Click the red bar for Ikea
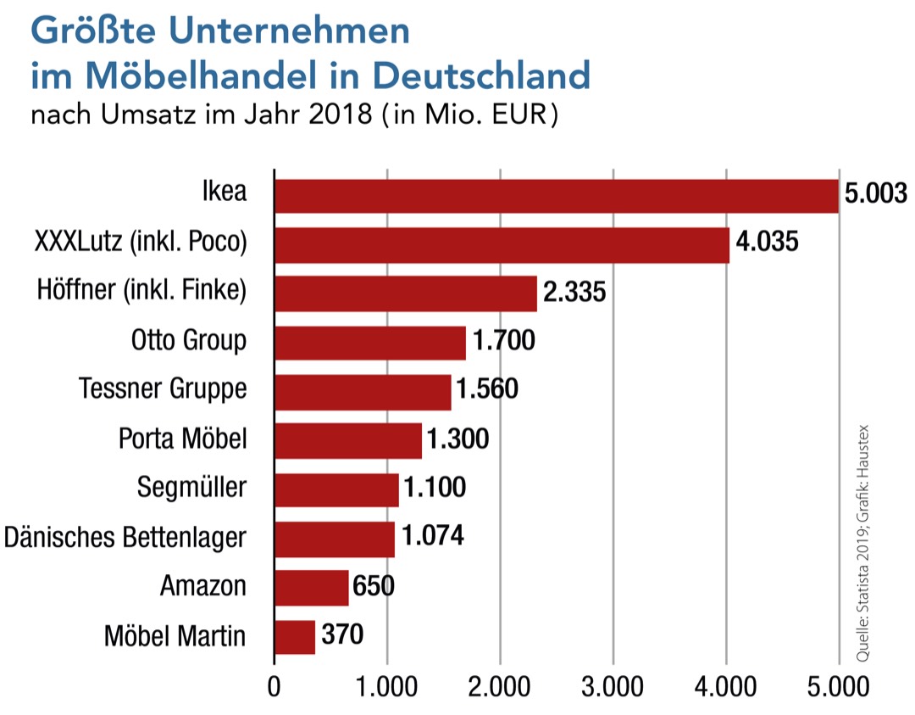point(556,196)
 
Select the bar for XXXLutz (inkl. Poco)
point(502,245)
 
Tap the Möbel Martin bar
point(295,636)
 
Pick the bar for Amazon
point(311,588)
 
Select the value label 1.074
point(433,538)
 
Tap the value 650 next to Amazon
point(373,586)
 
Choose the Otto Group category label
point(189,341)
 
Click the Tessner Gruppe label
point(163,389)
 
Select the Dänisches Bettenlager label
point(125,537)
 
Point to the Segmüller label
point(191,488)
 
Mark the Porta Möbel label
point(183,438)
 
